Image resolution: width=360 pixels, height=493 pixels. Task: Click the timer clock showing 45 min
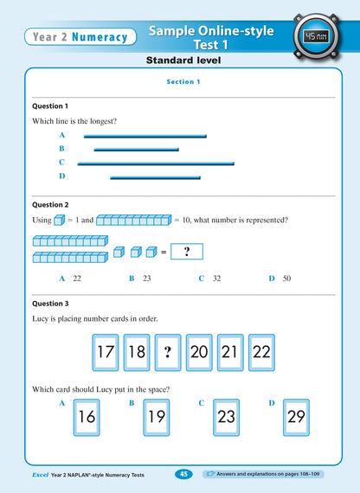[314, 36]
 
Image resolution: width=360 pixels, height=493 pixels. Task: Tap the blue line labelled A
[145, 136]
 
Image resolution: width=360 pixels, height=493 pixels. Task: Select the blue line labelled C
[156, 163]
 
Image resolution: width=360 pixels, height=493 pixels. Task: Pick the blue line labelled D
[155, 177]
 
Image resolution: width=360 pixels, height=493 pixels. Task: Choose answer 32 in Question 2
[216, 279]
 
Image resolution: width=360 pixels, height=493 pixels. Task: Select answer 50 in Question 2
[286, 279]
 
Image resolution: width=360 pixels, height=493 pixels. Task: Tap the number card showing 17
[106, 353]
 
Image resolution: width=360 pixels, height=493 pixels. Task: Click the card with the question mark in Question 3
[168, 353]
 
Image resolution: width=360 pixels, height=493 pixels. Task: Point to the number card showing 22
[261, 353]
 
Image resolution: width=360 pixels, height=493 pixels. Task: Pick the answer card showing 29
[297, 416]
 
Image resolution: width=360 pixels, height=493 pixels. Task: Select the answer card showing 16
[87, 416]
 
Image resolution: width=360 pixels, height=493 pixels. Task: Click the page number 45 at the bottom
[184, 474]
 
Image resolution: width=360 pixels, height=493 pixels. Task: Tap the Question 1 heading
[50, 106]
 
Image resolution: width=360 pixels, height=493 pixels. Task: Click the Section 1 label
[183, 81]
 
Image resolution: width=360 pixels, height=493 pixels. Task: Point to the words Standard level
[183, 61]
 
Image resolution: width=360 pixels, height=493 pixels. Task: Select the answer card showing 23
[227, 416]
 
